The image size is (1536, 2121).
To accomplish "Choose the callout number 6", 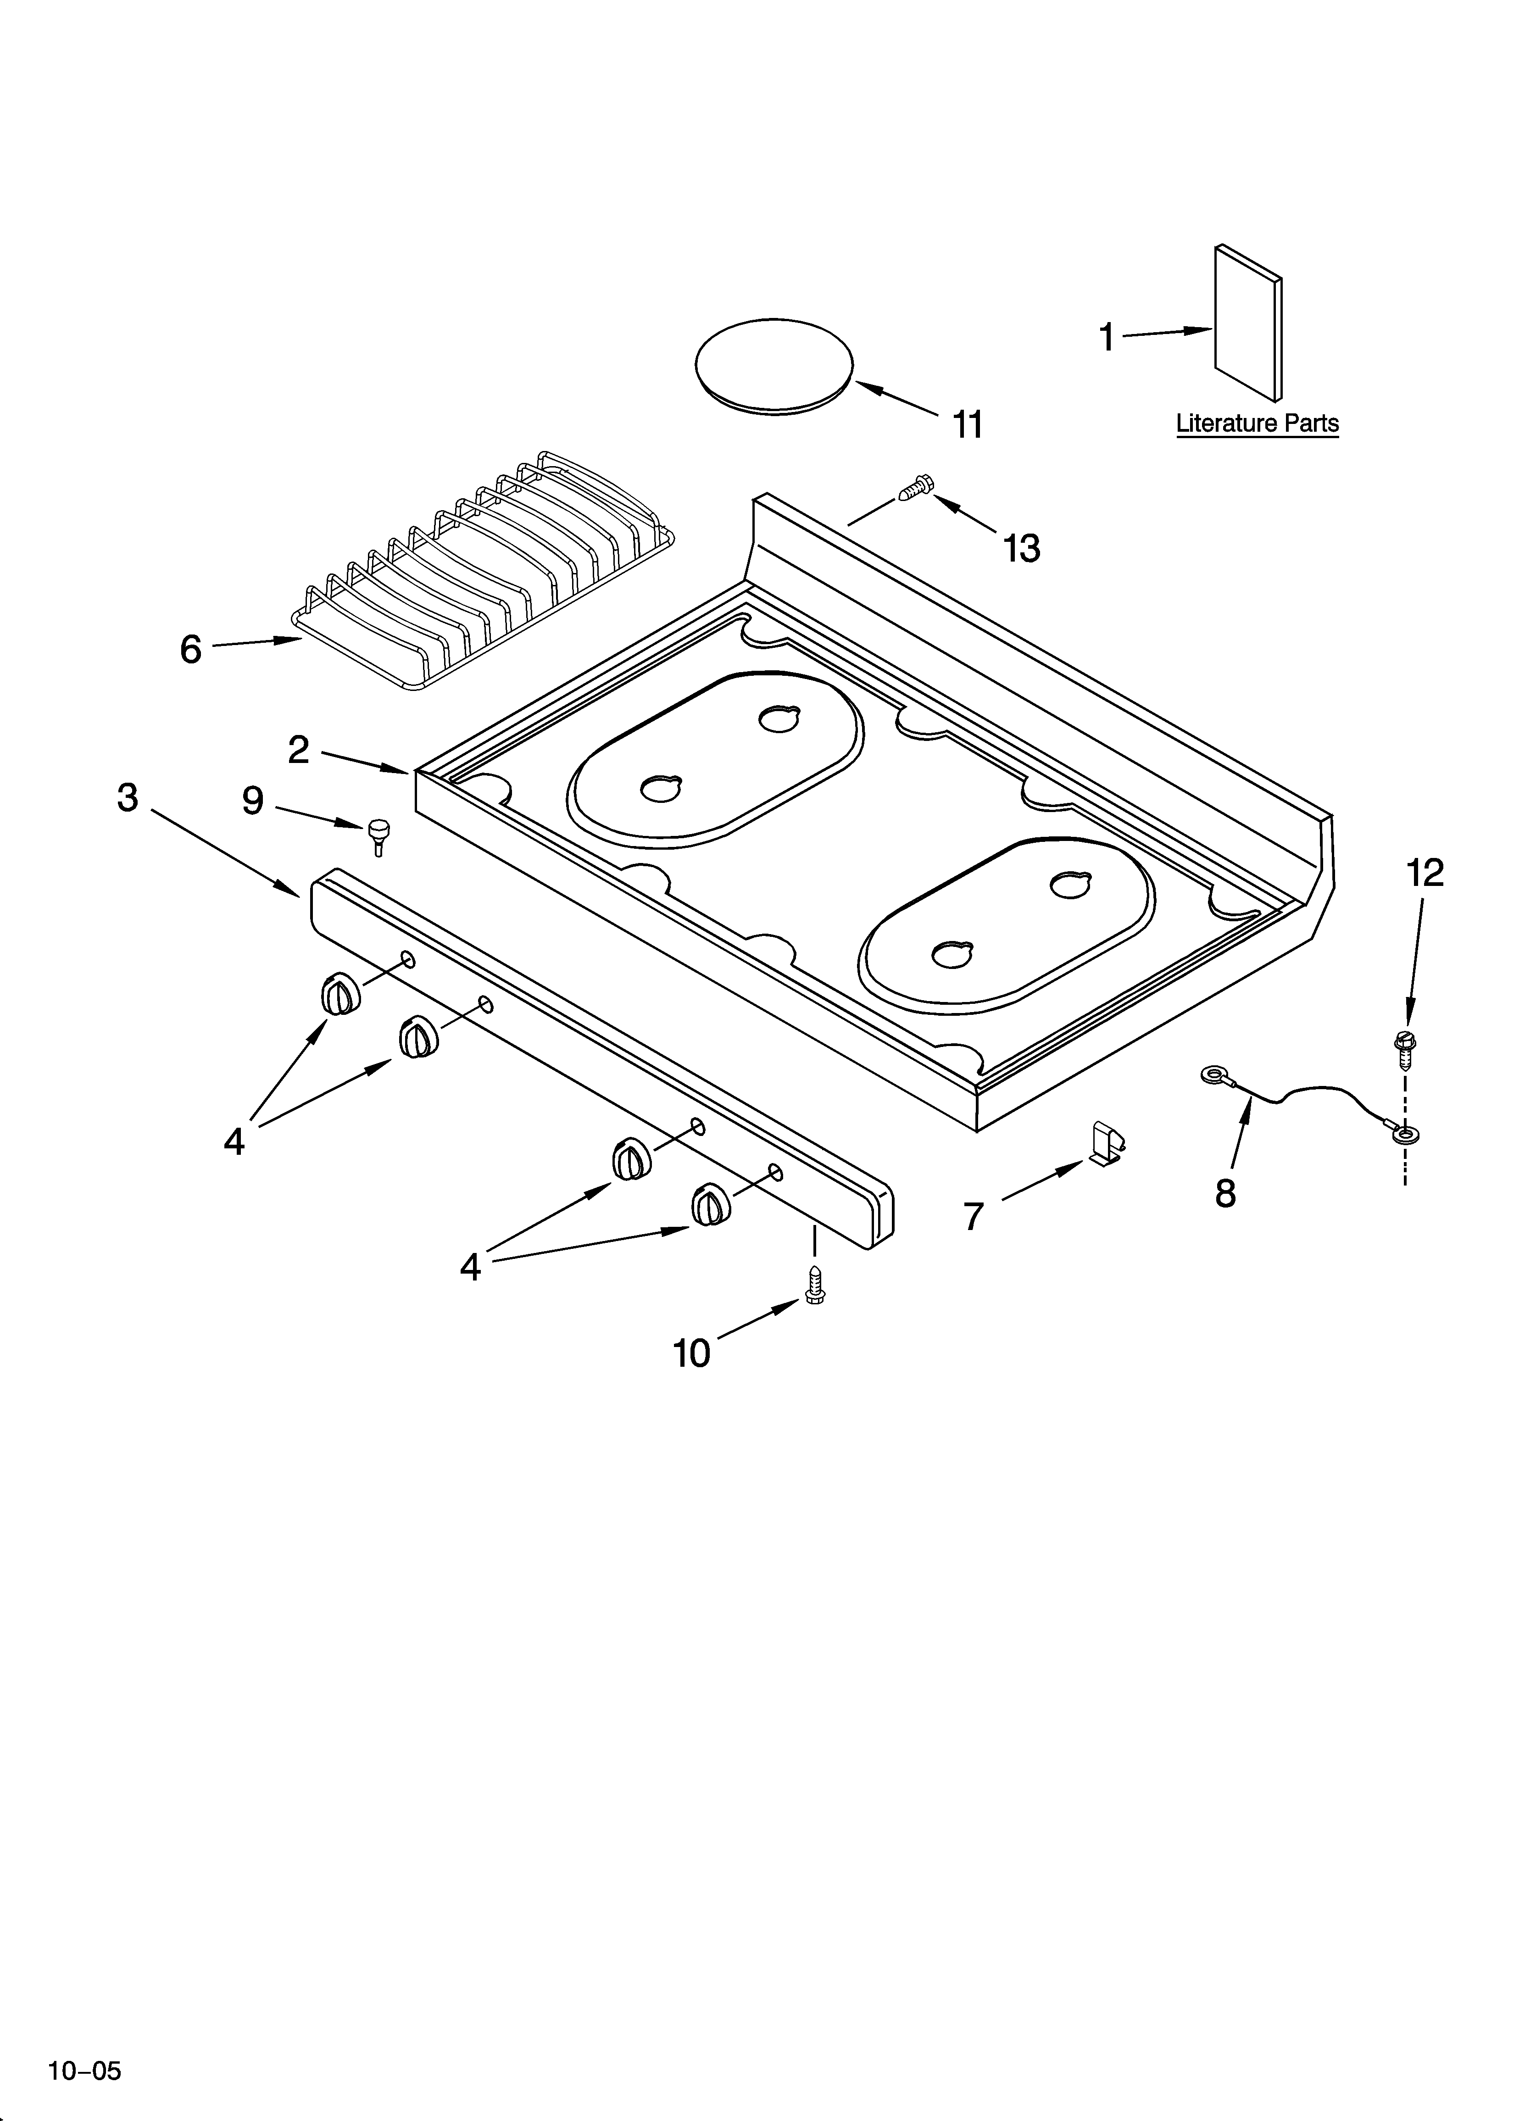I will click(191, 649).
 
